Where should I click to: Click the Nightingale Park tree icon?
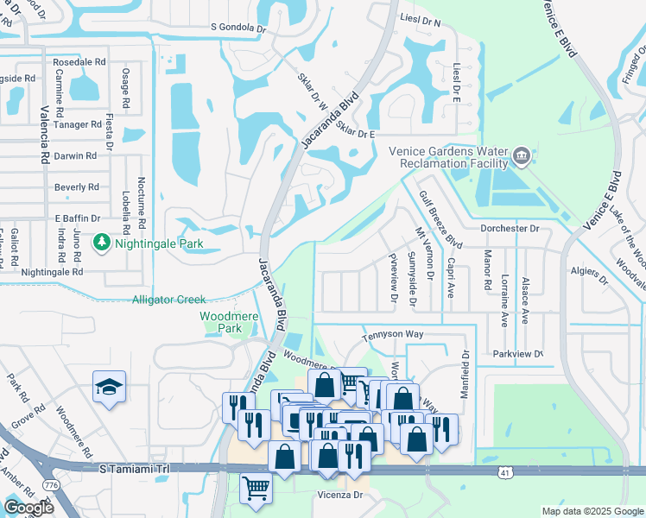click(103, 243)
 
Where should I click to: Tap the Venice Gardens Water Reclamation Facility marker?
click(522, 156)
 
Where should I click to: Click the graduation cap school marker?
click(110, 387)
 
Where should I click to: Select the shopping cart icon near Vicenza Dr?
click(256, 489)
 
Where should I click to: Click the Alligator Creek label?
click(168, 300)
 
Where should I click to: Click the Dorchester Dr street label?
click(510, 229)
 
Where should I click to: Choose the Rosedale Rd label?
click(79, 63)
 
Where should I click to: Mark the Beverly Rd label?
click(76, 187)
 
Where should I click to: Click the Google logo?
click(28, 508)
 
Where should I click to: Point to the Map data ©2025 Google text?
click(592, 511)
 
